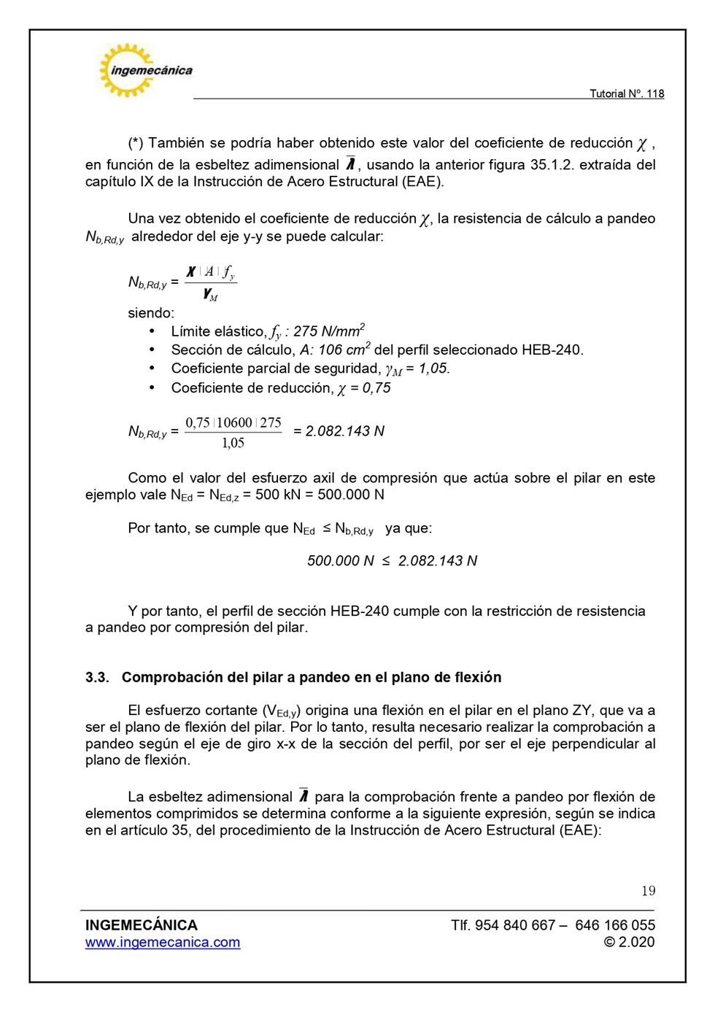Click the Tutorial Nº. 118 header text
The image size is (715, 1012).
click(x=626, y=93)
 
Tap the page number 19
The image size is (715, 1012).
click(x=648, y=890)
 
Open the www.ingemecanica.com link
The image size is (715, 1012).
click(x=163, y=942)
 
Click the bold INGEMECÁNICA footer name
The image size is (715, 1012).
click(x=142, y=924)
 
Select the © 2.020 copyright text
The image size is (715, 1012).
click(x=629, y=942)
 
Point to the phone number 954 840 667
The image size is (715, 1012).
click(x=515, y=925)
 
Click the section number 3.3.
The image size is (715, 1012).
click(x=97, y=677)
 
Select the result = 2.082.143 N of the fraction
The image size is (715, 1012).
click(x=339, y=431)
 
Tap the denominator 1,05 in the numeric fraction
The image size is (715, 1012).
click(x=233, y=443)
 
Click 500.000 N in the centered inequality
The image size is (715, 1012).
click(x=340, y=560)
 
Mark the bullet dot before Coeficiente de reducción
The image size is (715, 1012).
click(x=152, y=387)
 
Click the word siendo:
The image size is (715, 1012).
click(x=151, y=313)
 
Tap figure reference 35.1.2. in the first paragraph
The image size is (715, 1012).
click(x=552, y=165)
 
